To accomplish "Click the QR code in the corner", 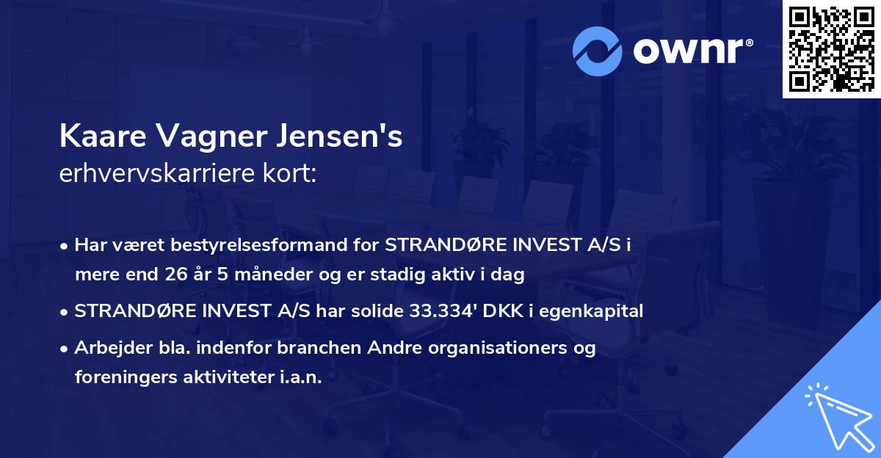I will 831,48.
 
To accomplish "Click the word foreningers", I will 120,377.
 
